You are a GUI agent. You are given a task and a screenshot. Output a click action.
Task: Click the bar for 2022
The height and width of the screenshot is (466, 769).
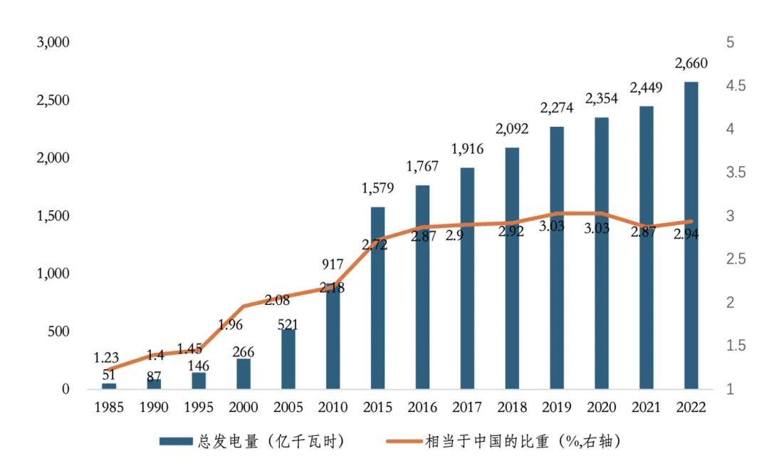[x=691, y=235]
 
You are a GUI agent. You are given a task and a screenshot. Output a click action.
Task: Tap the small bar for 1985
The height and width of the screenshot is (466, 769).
[x=109, y=385]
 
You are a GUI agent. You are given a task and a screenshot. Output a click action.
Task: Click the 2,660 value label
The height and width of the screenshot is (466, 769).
[x=691, y=64]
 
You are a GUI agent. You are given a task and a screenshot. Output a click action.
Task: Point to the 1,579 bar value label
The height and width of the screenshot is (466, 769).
[x=378, y=189]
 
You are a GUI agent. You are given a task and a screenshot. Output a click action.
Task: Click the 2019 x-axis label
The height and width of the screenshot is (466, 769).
[x=557, y=408]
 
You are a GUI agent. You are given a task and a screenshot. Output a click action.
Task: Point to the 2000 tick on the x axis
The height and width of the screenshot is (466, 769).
[x=244, y=408]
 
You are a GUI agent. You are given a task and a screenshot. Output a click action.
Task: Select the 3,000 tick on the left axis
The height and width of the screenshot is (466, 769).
[x=53, y=42]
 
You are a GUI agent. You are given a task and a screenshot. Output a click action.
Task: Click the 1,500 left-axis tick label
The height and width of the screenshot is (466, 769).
[x=53, y=216]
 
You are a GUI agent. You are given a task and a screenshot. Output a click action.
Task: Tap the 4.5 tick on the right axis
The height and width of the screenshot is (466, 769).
[x=736, y=86]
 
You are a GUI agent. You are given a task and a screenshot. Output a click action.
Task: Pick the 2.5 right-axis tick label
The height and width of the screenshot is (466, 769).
[x=736, y=259]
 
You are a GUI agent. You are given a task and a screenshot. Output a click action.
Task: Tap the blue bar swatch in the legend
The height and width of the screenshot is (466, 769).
[x=176, y=442]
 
